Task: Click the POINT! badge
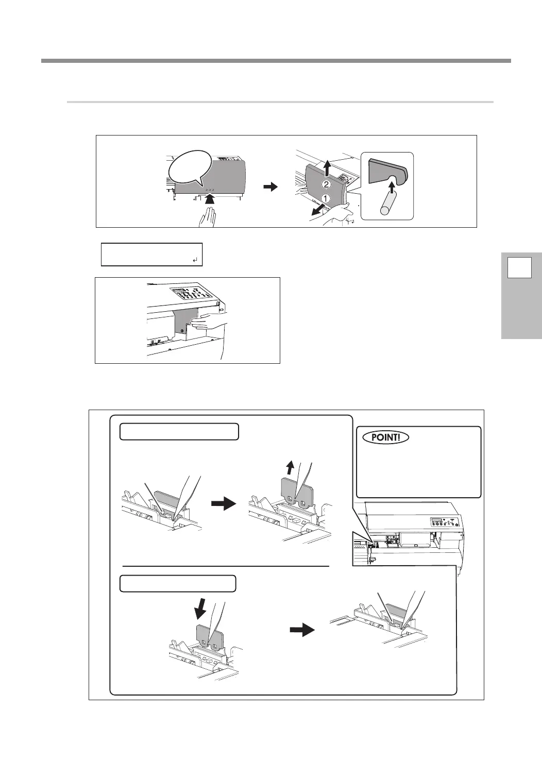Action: tap(385, 437)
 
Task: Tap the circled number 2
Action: tap(326, 184)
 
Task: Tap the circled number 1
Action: tap(325, 198)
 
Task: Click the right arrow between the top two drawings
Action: tap(269, 188)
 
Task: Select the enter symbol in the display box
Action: tap(195, 261)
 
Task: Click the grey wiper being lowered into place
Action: tap(210, 639)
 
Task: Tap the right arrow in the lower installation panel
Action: tap(302, 630)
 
